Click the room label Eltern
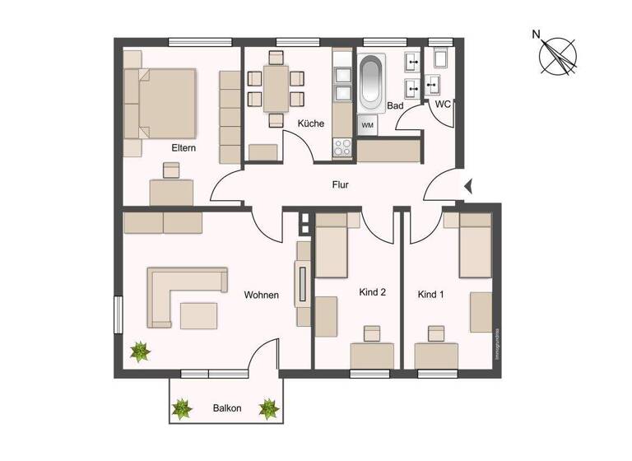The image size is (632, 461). [183, 148]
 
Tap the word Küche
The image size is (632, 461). [311, 123]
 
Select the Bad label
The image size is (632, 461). [395, 106]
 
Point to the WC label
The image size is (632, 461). [442, 105]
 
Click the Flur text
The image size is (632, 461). [341, 185]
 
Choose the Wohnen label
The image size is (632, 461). [261, 295]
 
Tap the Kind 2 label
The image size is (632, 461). [373, 292]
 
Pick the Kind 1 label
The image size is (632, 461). [431, 294]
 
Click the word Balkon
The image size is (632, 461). [226, 407]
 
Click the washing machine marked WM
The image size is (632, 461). [367, 125]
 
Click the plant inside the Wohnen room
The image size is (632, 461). [141, 352]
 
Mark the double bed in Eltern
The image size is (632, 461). [165, 103]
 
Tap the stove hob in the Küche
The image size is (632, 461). [342, 146]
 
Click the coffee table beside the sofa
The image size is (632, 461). [200, 314]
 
